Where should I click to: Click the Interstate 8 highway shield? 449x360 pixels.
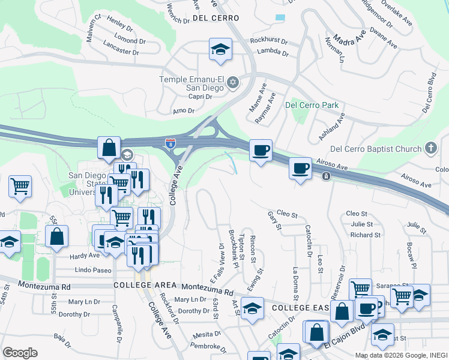171,143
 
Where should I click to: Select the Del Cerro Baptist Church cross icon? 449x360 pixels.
430,148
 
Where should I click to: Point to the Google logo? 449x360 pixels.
20,353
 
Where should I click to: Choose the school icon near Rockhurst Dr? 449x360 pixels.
220,50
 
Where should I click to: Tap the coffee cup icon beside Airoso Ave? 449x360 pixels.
300,168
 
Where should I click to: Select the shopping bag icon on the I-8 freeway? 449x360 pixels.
110,148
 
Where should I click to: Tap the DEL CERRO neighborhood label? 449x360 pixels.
216,19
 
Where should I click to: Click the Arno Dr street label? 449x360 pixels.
184,111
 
